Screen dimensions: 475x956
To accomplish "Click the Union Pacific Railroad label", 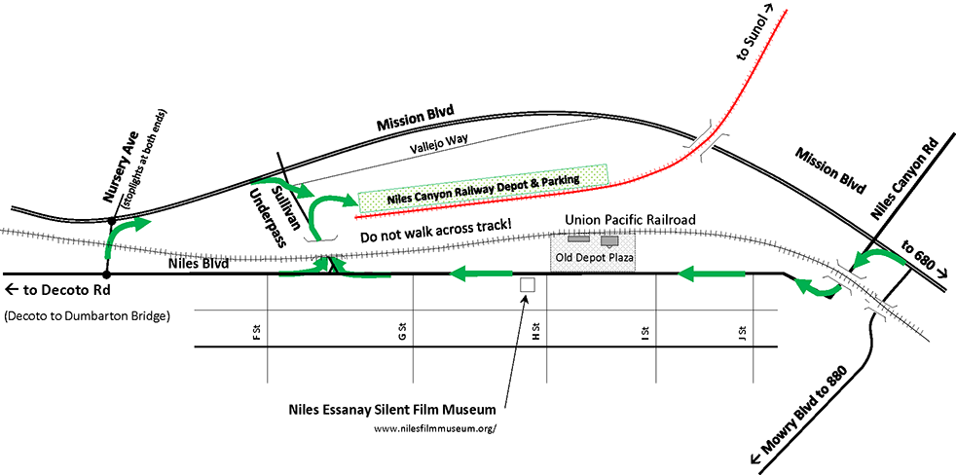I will click(x=631, y=221).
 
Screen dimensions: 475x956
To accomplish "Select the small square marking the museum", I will click(x=528, y=285).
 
